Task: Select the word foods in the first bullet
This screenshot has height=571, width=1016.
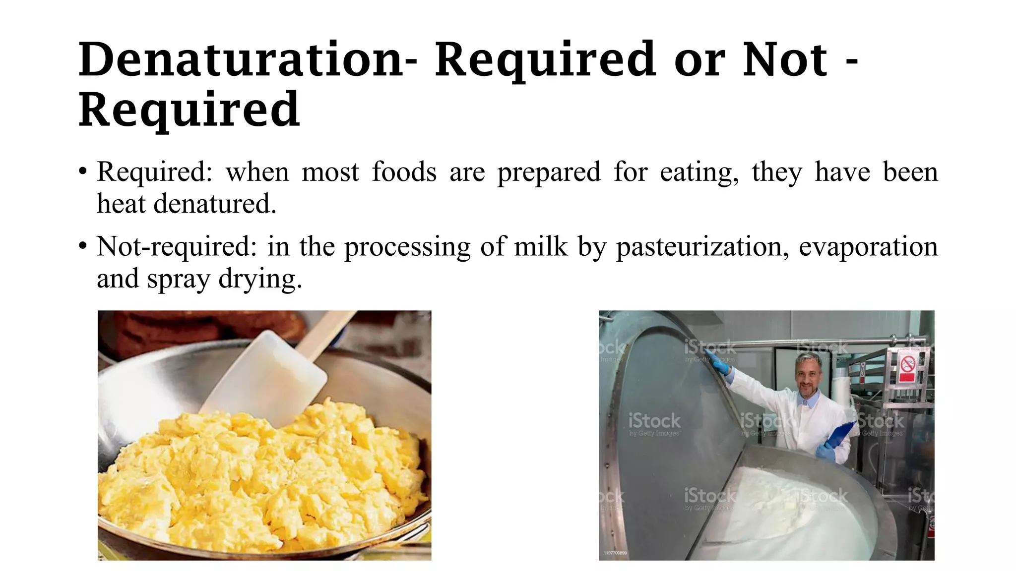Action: coord(404,172)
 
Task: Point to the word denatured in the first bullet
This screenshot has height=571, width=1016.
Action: coord(214,204)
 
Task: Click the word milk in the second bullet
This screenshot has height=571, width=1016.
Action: coord(540,246)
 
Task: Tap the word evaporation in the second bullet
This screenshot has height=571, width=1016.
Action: coord(868,246)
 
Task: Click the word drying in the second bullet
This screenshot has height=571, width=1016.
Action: coord(260,279)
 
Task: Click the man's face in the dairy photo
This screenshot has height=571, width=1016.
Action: coord(809,379)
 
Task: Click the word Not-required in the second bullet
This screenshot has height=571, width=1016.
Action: coord(176,246)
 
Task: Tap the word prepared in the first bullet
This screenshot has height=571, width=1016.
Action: coord(549,173)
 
